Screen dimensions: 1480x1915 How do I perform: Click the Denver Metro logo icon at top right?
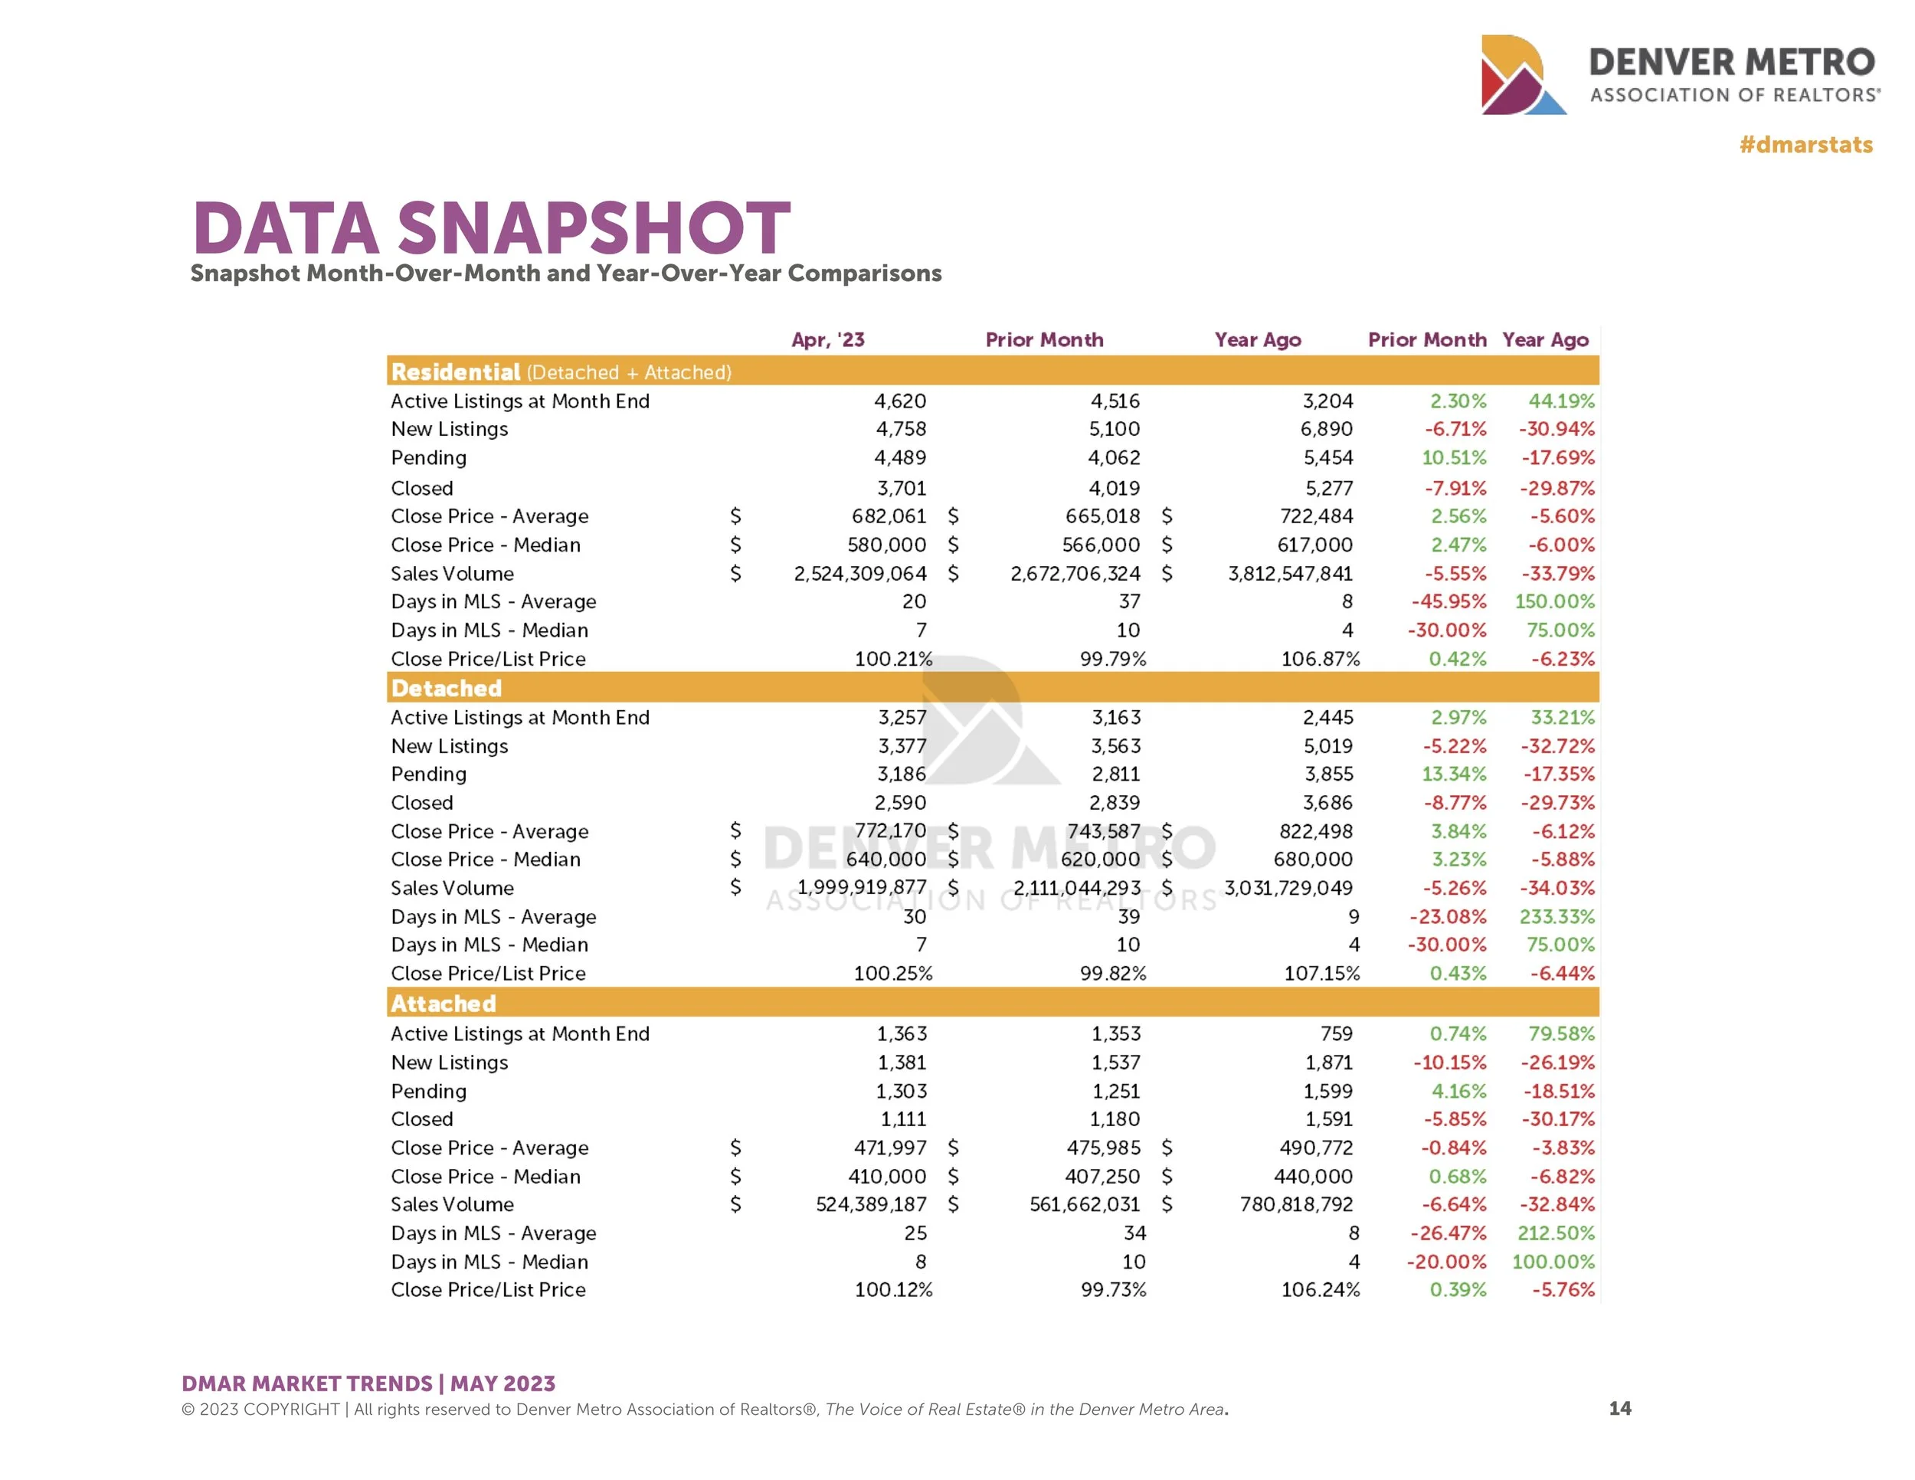click(1522, 75)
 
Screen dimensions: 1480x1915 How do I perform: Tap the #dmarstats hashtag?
click(1805, 145)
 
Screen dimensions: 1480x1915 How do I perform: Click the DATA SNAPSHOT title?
click(491, 228)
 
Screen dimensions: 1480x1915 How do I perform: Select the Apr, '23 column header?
click(828, 340)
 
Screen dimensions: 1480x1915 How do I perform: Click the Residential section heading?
click(456, 372)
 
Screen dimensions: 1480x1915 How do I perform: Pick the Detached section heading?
click(447, 688)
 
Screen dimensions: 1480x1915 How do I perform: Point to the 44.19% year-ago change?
click(1561, 401)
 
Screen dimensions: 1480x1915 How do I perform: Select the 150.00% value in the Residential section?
click(1555, 601)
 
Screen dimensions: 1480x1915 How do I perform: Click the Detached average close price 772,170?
click(890, 831)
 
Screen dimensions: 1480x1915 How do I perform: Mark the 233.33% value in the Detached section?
click(1557, 917)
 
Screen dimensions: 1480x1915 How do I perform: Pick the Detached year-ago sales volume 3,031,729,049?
click(1288, 888)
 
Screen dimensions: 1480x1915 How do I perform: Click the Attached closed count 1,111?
click(903, 1120)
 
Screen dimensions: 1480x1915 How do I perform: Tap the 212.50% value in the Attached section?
click(1556, 1233)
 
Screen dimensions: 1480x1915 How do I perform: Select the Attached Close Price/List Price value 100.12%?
click(893, 1290)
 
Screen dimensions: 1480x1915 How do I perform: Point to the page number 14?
click(1619, 1408)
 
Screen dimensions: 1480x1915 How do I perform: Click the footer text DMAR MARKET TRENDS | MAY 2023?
click(368, 1383)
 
